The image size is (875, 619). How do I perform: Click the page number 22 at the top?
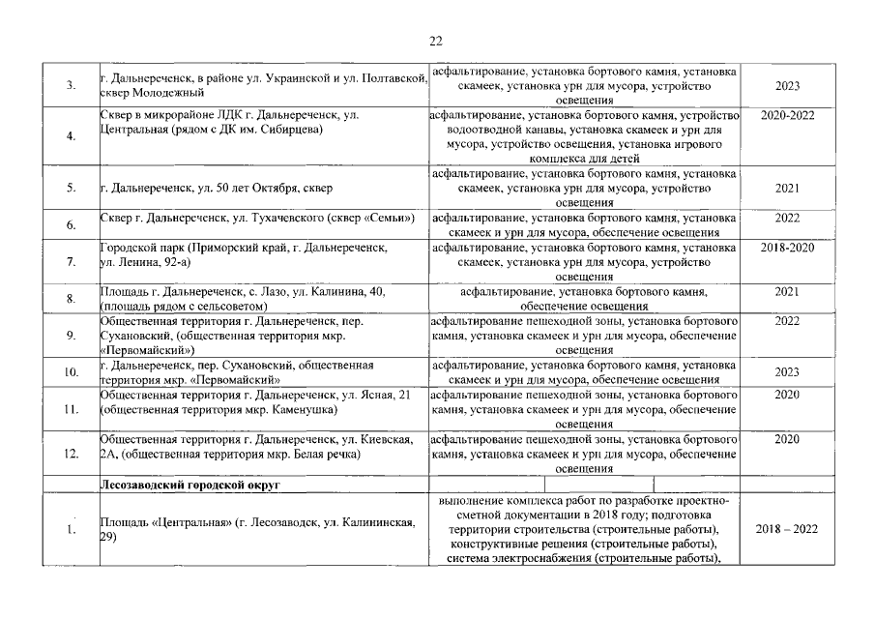point(436,41)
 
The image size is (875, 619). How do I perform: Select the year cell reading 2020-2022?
point(787,115)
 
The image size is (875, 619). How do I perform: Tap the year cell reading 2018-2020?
point(787,249)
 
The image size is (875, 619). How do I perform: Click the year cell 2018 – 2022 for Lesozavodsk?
point(787,530)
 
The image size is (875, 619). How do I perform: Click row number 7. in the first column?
point(72,262)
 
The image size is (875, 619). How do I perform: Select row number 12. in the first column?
point(70,455)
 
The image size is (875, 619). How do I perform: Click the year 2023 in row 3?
point(787,86)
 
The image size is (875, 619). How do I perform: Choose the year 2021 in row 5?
point(787,189)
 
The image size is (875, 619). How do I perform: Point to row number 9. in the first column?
point(72,335)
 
